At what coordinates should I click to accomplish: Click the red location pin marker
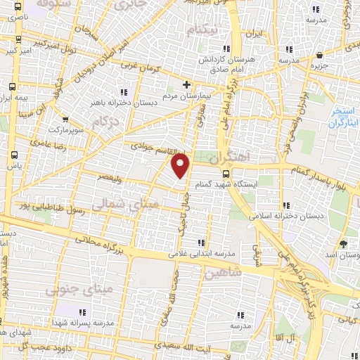181,166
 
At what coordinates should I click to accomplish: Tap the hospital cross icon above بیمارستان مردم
186,85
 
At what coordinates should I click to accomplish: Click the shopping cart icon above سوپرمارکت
66,120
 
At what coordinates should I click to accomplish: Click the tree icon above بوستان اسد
343,243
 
